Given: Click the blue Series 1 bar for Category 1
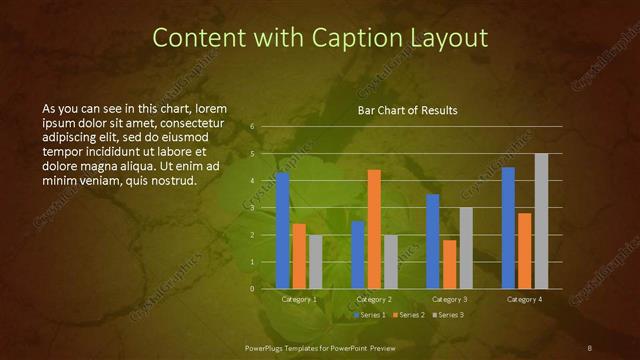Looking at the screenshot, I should (x=282, y=230).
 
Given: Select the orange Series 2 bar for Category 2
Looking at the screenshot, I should (x=374, y=229).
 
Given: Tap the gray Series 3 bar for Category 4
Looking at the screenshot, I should (x=541, y=221).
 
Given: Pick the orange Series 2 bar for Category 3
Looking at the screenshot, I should (x=449, y=264).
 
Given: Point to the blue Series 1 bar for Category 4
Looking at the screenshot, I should (x=508, y=228).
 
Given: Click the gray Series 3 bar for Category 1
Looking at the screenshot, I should (x=315, y=262).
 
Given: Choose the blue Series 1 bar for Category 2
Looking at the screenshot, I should (x=357, y=255).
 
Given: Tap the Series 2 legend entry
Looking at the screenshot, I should (x=411, y=315).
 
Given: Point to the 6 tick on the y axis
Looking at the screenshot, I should (x=252, y=127).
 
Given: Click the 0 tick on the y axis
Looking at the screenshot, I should (x=252, y=289).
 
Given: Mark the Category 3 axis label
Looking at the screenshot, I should (x=449, y=299).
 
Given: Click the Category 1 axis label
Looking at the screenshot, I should (x=298, y=299).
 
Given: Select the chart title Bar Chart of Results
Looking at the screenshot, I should (x=408, y=111).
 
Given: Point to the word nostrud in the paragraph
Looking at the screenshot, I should (x=172, y=181).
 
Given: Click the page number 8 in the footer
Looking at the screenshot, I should (x=590, y=347).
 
